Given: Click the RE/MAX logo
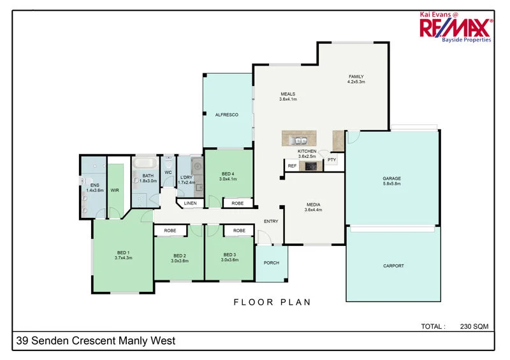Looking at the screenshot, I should [x=455, y=27].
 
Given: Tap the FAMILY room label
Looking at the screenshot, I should [x=356, y=76].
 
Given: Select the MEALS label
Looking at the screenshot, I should [x=288, y=94].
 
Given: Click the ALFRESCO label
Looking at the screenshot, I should [x=226, y=115].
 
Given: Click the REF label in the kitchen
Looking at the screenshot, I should [x=292, y=166].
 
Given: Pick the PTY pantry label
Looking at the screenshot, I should [x=331, y=160].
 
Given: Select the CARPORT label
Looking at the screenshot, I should [x=393, y=266].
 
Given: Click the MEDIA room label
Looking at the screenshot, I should [x=313, y=205].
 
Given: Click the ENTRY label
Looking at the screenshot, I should [x=271, y=221].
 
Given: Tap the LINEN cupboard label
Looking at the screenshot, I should [x=190, y=203].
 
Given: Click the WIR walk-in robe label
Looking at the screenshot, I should [x=115, y=190].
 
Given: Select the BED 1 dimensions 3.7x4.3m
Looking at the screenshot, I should [x=123, y=257].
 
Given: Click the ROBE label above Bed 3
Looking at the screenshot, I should [x=239, y=230].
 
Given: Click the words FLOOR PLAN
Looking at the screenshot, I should [x=272, y=302].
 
